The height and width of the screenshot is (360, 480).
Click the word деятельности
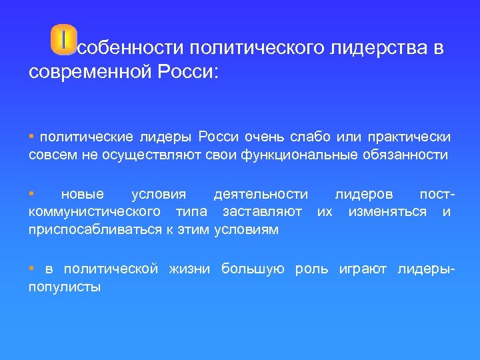tap(261, 195)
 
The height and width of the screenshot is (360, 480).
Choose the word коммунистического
tap(94, 212)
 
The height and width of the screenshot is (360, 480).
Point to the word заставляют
tap(262, 212)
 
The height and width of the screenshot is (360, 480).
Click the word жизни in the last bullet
tap(189, 269)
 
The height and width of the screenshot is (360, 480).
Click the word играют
tap(366, 269)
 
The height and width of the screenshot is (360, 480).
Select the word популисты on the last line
tap(65, 287)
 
